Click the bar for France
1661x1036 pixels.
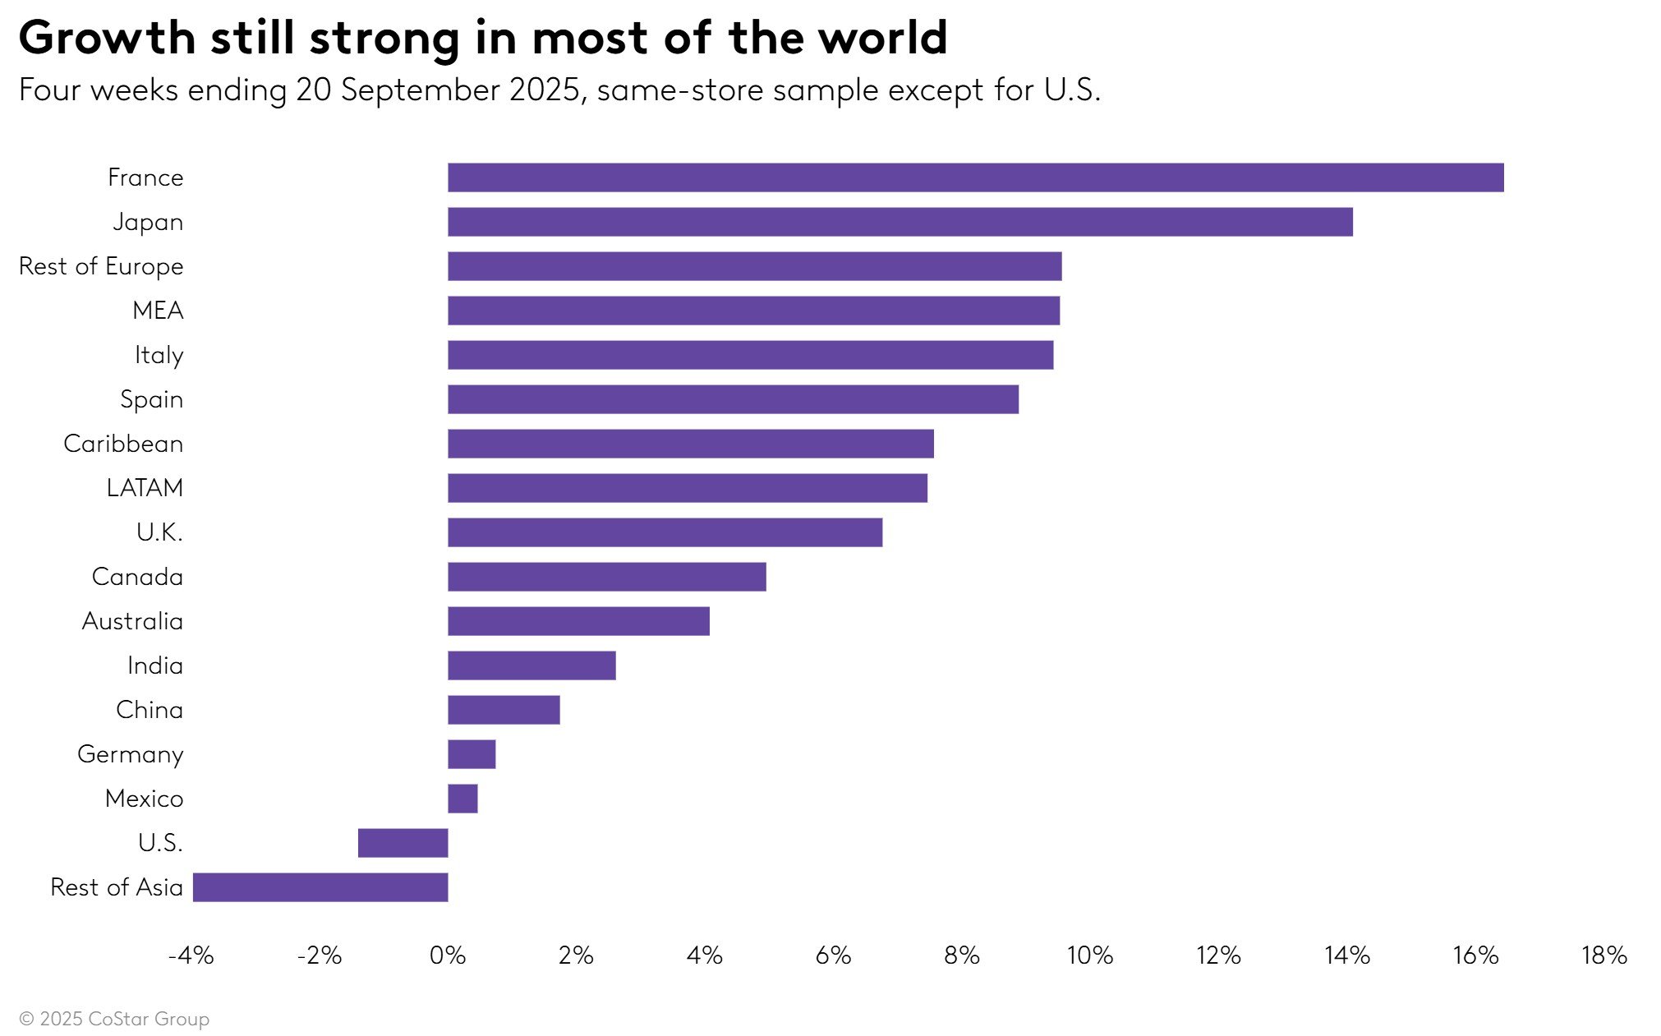(x=975, y=177)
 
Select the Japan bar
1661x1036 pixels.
(x=900, y=222)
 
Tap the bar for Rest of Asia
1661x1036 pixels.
(x=320, y=887)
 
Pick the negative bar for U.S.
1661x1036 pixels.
(x=403, y=843)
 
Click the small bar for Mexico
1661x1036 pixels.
(x=462, y=799)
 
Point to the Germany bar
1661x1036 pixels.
(x=472, y=754)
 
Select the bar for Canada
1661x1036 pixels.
(x=606, y=577)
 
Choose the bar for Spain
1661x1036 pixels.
(x=733, y=399)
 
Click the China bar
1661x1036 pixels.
(x=504, y=710)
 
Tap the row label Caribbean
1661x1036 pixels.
(x=123, y=444)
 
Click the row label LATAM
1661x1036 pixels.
(x=145, y=488)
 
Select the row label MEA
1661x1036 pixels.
(x=158, y=311)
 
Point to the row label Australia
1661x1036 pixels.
(x=132, y=621)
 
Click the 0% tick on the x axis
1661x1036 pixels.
(x=448, y=955)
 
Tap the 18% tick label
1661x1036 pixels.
(x=1603, y=955)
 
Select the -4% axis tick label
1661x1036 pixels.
(x=191, y=955)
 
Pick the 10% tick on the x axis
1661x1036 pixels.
(x=1089, y=955)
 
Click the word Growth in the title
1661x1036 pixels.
(x=107, y=38)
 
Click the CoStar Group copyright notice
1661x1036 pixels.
(x=114, y=1019)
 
